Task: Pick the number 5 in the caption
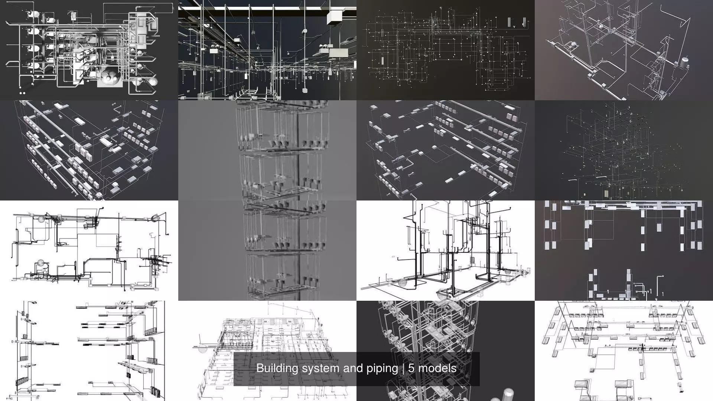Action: (411, 368)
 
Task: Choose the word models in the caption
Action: (437, 368)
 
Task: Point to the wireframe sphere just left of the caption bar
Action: (203, 348)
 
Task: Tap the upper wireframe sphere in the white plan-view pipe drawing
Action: (41, 219)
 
